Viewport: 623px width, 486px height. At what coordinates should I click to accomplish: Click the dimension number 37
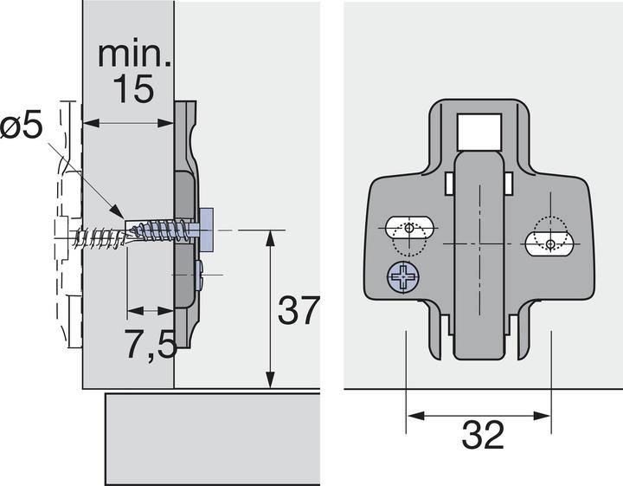click(x=297, y=310)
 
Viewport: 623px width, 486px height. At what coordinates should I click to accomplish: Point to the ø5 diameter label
click(x=21, y=126)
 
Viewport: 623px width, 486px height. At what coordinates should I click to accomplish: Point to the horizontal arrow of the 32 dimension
click(x=479, y=416)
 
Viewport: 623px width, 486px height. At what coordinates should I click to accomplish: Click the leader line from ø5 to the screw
click(x=95, y=191)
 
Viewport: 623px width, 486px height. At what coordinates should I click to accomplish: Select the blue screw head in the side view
click(x=208, y=220)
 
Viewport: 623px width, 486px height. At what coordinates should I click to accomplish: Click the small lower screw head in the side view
click(x=200, y=275)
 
